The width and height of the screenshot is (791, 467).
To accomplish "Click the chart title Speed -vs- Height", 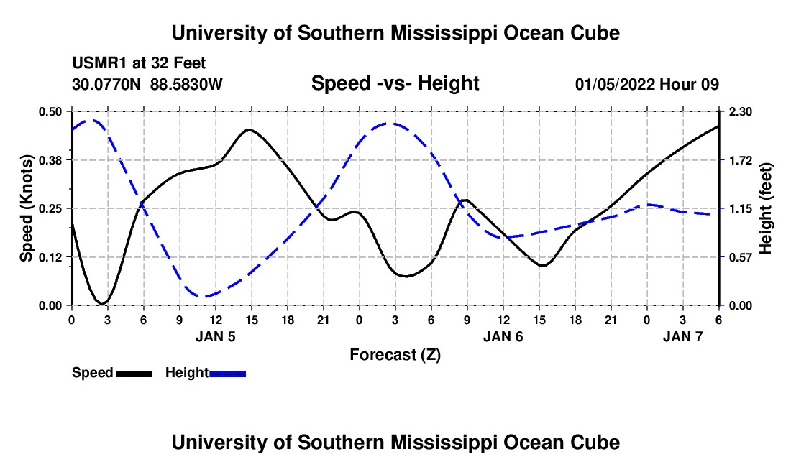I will pos(395,83).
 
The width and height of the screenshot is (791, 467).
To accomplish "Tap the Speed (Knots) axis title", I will pos(27,208).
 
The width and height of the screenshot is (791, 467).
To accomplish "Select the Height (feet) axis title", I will pos(765,208).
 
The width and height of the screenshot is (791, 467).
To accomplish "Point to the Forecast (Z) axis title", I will pos(395,354).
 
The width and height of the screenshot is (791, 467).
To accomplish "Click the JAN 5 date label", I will pos(216,336).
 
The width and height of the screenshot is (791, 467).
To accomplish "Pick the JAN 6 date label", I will pos(503,336).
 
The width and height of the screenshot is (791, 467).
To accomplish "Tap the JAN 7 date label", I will pos(682,336).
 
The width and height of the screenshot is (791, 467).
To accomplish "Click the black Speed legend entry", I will pos(112,373).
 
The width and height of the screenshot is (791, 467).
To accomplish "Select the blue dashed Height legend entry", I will pos(206,373).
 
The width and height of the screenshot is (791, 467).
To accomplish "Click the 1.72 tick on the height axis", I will pos(741,159).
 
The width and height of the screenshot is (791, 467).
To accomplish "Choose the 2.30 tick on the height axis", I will pos(741,111).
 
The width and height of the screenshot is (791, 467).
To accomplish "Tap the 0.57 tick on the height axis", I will pos(741,256).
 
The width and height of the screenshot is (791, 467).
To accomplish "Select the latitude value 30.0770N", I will pos(107,84).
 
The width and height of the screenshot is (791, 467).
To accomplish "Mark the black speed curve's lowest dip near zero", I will pos(104,303).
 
